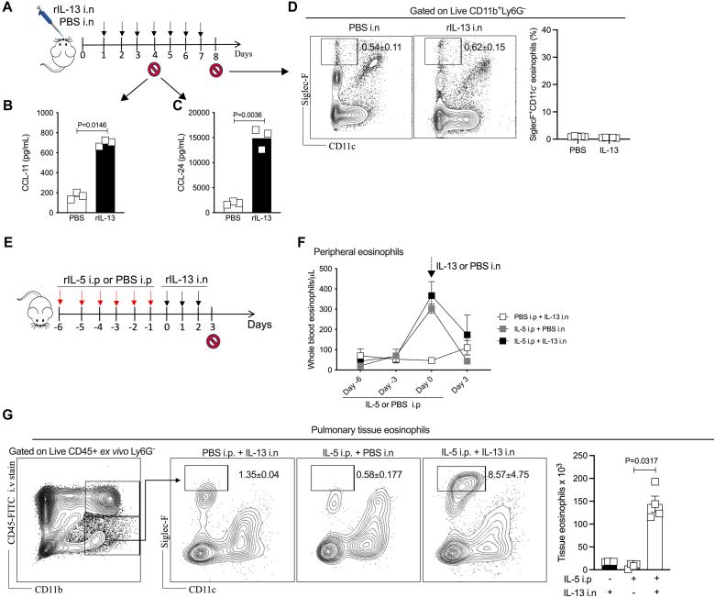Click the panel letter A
point(8,8)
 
